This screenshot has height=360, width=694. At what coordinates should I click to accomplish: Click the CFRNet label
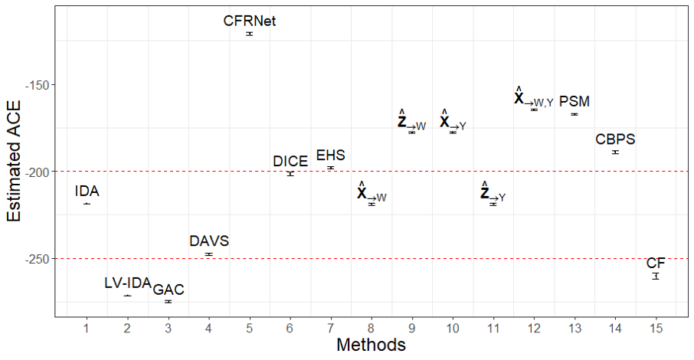tap(250, 21)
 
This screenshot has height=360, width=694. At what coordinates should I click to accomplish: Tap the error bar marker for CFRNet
tap(250, 34)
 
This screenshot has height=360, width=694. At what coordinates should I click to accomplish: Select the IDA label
tap(87, 191)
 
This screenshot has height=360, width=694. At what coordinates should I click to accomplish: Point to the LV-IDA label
tap(128, 283)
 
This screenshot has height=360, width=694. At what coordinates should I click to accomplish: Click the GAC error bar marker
tap(169, 302)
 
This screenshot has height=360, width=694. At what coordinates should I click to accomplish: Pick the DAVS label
tap(209, 241)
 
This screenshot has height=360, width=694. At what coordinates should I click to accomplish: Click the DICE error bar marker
tap(290, 174)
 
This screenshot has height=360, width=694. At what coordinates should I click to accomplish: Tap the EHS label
tap(331, 155)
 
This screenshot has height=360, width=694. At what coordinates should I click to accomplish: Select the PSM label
tap(575, 101)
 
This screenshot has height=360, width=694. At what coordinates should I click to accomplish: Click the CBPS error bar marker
tap(615, 152)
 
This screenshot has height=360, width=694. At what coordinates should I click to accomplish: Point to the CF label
tap(656, 263)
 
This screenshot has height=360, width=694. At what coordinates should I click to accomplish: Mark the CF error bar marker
tap(656, 277)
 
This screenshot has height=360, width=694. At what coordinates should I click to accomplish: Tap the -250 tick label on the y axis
tap(39, 259)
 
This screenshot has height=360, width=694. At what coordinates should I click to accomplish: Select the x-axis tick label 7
tap(331, 328)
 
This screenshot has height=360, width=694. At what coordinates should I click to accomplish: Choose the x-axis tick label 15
tap(656, 328)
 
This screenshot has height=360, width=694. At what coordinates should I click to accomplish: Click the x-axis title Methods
tap(371, 345)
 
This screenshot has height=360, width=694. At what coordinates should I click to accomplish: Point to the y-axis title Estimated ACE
tap(14, 161)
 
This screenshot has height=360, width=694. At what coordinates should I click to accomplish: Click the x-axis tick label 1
tap(87, 328)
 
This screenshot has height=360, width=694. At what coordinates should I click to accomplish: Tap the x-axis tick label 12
tap(534, 328)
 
